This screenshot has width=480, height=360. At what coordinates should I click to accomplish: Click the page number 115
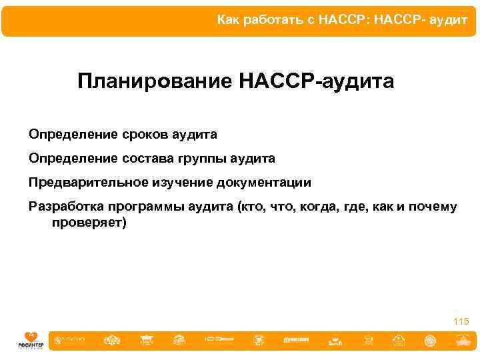pos(461,321)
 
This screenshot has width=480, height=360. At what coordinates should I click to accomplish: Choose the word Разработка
pos(63,207)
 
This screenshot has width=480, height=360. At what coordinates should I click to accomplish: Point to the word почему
pos(434,207)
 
